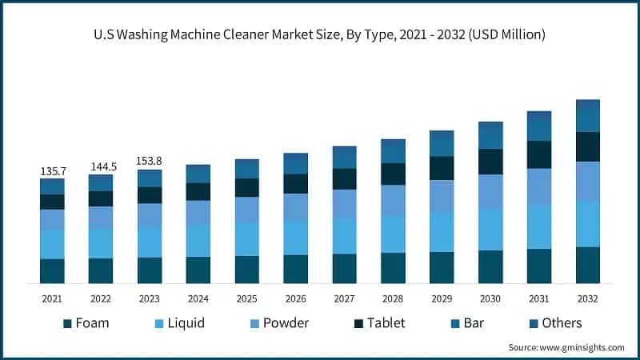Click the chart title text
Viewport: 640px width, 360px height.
[x=320, y=34]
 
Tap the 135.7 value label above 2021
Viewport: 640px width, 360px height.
[x=52, y=171]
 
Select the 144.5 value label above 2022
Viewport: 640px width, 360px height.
[x=101, y=166]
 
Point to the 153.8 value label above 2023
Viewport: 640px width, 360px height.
[x=150, y=161]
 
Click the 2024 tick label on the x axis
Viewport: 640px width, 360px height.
[x=198, y=298]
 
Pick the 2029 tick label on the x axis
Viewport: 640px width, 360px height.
[x=442, y=298]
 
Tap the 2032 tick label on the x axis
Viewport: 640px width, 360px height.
[x=588, y=298]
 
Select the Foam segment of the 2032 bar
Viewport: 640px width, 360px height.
[x=588, y=265]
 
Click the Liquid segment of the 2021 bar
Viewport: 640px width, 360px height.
[x=52, y=244]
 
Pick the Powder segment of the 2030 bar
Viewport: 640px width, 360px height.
[x=490, y=191]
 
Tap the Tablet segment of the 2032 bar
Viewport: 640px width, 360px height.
[x=588, y=146]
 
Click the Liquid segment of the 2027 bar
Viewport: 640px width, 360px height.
[x=345, y=235]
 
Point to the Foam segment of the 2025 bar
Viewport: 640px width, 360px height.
[x=247, y=270]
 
